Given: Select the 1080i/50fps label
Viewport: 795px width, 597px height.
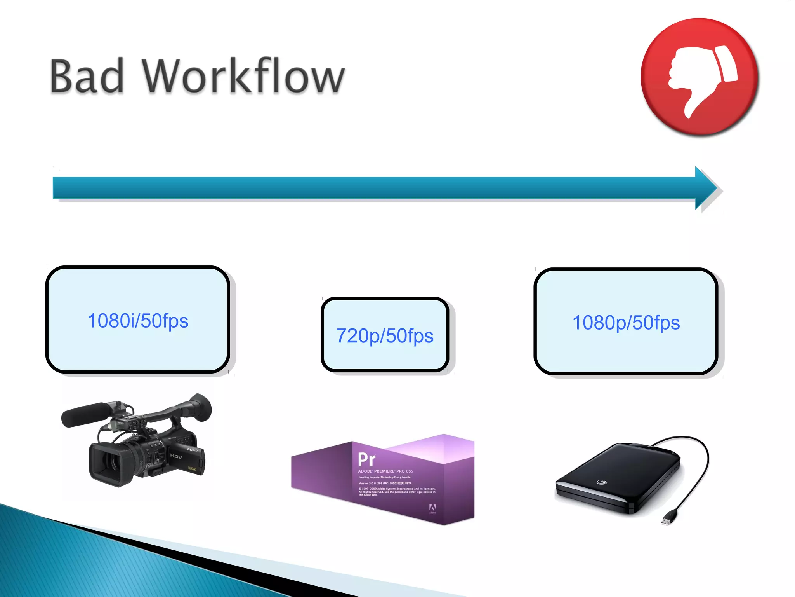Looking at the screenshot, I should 138,321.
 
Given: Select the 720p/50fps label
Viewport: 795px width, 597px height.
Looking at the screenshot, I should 385,336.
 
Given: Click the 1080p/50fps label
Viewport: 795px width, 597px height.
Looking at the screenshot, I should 626,323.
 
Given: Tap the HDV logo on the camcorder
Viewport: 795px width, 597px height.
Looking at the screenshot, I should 176,456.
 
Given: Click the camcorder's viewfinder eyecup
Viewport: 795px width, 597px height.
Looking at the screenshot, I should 201,407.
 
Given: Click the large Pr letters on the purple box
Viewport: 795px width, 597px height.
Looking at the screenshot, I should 366,459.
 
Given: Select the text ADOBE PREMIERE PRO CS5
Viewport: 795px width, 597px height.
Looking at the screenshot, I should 385,471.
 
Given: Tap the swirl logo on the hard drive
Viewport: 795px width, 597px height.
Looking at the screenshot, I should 602,482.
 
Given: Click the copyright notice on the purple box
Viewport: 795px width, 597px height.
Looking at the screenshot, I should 397,492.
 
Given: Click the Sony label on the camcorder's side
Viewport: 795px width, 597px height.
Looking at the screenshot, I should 193,450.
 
